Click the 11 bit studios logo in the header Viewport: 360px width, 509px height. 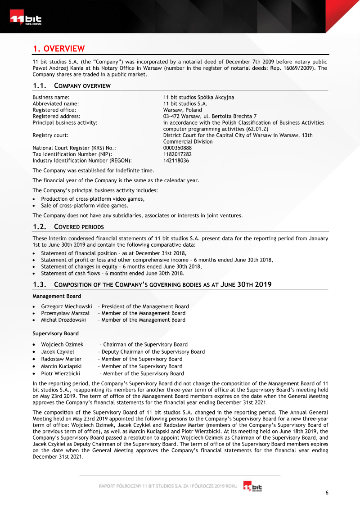pos(26,20)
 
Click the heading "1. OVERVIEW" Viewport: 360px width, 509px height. pos(58,49)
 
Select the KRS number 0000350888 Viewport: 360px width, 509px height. pos(177,148)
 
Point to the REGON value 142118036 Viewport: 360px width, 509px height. pos(176,160)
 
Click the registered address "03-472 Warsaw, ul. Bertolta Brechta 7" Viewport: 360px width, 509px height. pos(210,116)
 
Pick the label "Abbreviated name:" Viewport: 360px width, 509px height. pos(56,104)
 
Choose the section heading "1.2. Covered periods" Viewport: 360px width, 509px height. pos(68,226)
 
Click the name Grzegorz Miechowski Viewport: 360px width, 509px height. pos(67,306)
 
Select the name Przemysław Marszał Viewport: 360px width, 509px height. pos(65,313)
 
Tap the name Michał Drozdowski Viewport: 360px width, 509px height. pos(63,320)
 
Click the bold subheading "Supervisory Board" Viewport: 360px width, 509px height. pos(55,333)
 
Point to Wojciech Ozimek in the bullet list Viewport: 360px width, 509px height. pos(62,344)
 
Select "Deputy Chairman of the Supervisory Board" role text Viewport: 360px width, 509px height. pos(153,351)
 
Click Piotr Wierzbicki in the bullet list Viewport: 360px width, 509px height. pos(61,374)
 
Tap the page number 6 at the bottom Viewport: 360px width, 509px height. pos(327,492)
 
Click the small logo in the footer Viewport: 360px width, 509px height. pos(252,486)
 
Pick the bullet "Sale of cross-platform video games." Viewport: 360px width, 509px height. pos(79,206)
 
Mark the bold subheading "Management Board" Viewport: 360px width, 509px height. pos(57,296)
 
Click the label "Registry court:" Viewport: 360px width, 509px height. pos(50,135)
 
